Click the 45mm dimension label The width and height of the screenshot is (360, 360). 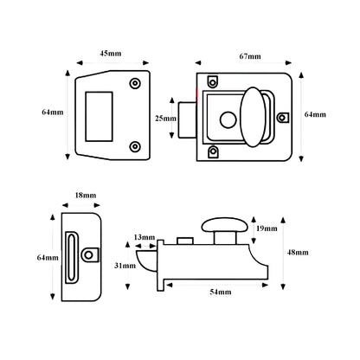pos(111,54)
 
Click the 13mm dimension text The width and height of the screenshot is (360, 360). pos(145,235)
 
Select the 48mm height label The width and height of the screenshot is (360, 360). pos(297,252)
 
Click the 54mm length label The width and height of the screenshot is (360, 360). pos(219,293)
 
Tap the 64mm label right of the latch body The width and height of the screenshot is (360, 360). pos(316,114)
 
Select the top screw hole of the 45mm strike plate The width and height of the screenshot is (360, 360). pos(134,84)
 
